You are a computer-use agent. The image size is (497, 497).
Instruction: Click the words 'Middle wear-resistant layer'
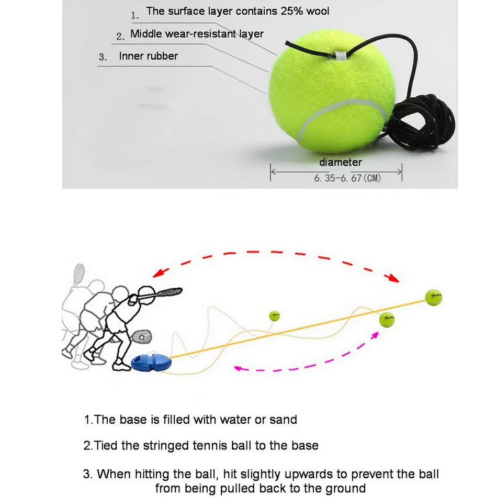pyautogui.click(x=197, y=34)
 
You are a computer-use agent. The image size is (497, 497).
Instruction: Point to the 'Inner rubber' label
pyautogui.click(x=149, y=56)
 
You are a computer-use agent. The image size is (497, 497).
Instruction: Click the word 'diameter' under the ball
pyautogui.click(x=341, y=163)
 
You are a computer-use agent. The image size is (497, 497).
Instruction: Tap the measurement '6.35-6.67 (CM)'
pyautogui.click(x=347, y=178)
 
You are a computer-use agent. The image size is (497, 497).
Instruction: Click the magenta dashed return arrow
pyautogui.click(x=309, y=361)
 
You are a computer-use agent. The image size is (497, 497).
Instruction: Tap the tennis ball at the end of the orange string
pyautogui.click(x=433, y=297)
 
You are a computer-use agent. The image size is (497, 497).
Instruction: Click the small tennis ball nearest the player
pyautogui.click(x=275, y=316)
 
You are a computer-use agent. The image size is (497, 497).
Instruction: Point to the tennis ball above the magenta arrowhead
pyautogui.click(x=387, y=319)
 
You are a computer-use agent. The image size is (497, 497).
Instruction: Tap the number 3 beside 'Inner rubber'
pyautogui.click(x=103, y=58)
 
